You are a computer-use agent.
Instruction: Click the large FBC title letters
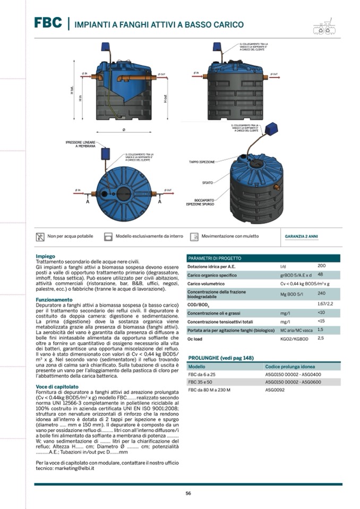click(x=48, y=23)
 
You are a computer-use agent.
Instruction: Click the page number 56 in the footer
click(x=188, y=494)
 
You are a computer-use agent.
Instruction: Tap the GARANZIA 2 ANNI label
click(x=302, y=236)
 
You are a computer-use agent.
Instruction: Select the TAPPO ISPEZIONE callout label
click(x=202, y=161)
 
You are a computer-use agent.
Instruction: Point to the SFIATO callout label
click(x=207, y=183)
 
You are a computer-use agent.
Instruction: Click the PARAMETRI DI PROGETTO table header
click(x=215, y=258)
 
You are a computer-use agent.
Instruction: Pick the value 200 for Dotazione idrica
click(x=321, y=266)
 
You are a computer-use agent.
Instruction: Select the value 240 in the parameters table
click(x=321, y=293)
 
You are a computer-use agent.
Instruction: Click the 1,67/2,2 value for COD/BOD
click(x=324, y=303)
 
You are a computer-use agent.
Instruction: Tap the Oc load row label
click(x=195, y=339)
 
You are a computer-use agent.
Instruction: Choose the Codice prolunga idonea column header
click(x=289, y=367)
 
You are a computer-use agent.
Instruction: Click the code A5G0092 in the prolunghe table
click(x=275, y=390)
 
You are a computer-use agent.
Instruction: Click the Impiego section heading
click(x=45, y=256)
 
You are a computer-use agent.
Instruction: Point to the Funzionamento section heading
click(x=54, y=299)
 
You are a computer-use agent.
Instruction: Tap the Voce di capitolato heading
click(x=57, y=386)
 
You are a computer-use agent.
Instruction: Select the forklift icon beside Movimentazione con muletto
click(x=194, y=236)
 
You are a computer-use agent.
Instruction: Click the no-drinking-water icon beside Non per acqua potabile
click(x=40, y=236)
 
